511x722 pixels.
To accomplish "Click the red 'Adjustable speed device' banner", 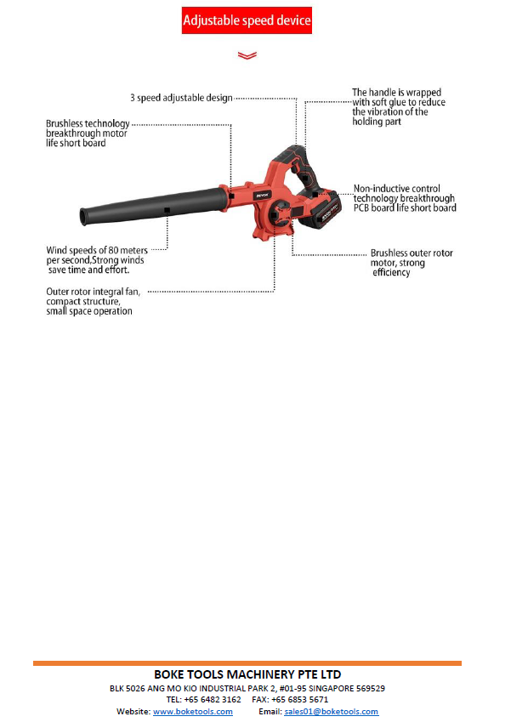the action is tap(247, 20).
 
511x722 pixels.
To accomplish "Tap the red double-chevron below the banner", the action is tap(247, 55).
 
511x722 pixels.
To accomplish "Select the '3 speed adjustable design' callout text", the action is tap(181, 98).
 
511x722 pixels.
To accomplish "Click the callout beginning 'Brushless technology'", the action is tap(88, 133).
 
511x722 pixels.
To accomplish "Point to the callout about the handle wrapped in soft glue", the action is tap(399, 107).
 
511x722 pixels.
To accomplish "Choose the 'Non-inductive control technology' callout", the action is tap(405, 198).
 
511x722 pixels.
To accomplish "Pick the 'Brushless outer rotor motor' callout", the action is tap(412, 263).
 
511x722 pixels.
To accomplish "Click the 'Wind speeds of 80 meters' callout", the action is tap(97, 260).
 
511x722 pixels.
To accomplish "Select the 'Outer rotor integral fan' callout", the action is tap(93, 301).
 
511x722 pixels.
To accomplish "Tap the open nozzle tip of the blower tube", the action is tap(82, 217).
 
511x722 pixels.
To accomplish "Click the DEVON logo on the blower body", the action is tap(262, 196).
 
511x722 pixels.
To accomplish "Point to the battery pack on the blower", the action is tap(320, 209).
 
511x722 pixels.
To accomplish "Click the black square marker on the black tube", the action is tap(167, 210).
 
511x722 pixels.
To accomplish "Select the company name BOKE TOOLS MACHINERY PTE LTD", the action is tap(247, 674).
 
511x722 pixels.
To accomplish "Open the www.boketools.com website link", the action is tap(193, 712).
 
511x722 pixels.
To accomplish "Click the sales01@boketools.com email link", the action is tap(331, 712).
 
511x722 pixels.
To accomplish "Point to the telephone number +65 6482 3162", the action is tap(213, 699).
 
